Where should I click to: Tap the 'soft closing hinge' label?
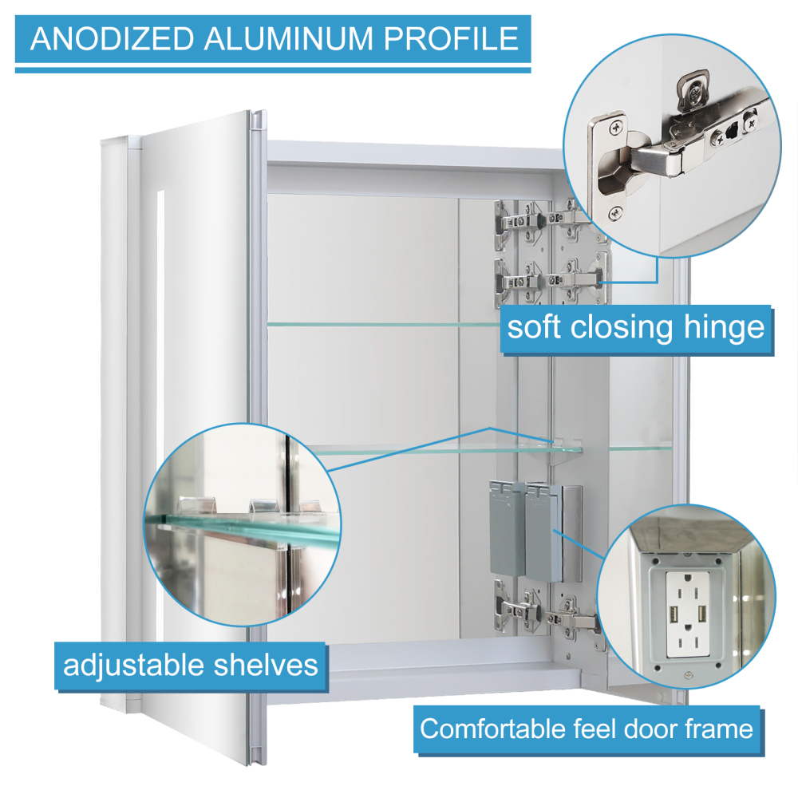pos(635,328)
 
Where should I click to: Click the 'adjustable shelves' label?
pos(191,665)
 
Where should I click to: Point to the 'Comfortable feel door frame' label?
pos(586,728)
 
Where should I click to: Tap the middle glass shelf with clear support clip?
pos(447,449)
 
